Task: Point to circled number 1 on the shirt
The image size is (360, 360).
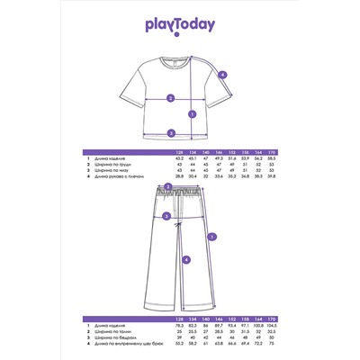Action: click(193, 114)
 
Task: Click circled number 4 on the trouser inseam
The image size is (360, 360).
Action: click(186, 259)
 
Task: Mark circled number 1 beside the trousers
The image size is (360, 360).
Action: click(211, 238)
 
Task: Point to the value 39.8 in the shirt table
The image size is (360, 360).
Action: click(247, 178)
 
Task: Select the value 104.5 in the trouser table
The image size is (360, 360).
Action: click(247, 326)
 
